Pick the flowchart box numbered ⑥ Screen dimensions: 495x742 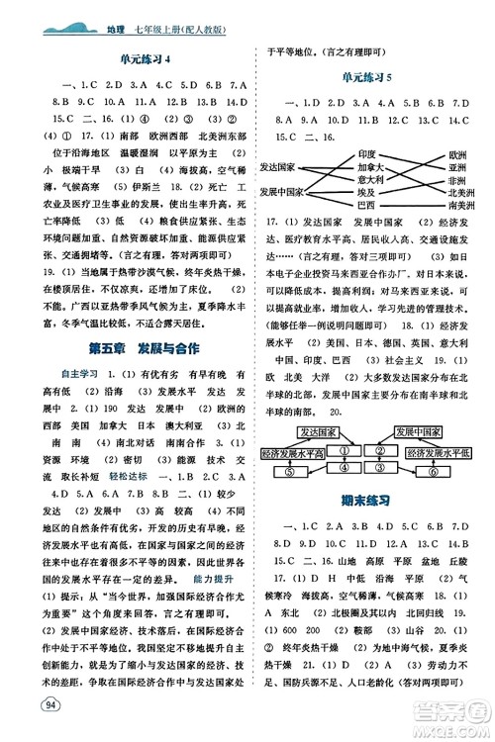click(x=460, y=445)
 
